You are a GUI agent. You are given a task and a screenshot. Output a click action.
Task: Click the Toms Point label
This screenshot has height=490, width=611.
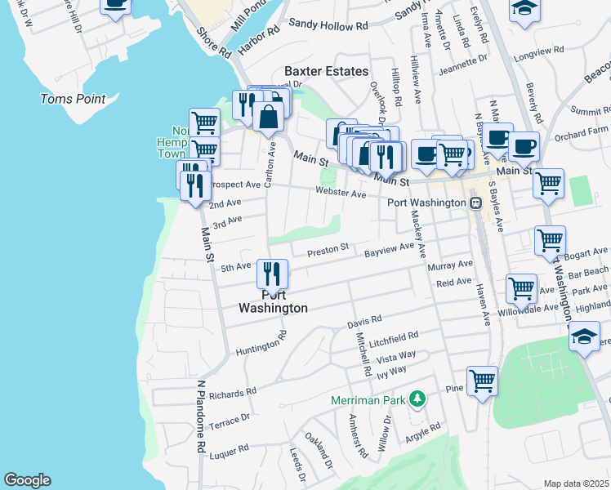click(x=74, y=99)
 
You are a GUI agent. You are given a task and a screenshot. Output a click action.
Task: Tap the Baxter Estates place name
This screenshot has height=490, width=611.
click(x=326, y=71)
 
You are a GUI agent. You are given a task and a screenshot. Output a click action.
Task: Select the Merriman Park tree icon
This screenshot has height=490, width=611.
click(x=417, y=399)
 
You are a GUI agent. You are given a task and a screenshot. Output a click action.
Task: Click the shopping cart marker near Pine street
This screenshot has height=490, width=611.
click(x=482, y=380)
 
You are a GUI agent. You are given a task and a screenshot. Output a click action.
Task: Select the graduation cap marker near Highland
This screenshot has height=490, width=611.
click(x=584, y=336)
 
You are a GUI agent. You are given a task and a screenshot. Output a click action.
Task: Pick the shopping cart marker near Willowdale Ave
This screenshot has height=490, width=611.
click(x=521, y=287)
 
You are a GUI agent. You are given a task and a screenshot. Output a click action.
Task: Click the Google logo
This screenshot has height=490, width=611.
click(x=27, y=480)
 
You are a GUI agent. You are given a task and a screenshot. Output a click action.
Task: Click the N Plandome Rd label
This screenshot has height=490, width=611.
click(x=199, y=416)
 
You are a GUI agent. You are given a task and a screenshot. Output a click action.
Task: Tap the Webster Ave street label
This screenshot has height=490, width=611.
click(x=341, y=194)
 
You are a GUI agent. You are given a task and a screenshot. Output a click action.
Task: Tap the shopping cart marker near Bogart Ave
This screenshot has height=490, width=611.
click(x=550, y=240)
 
